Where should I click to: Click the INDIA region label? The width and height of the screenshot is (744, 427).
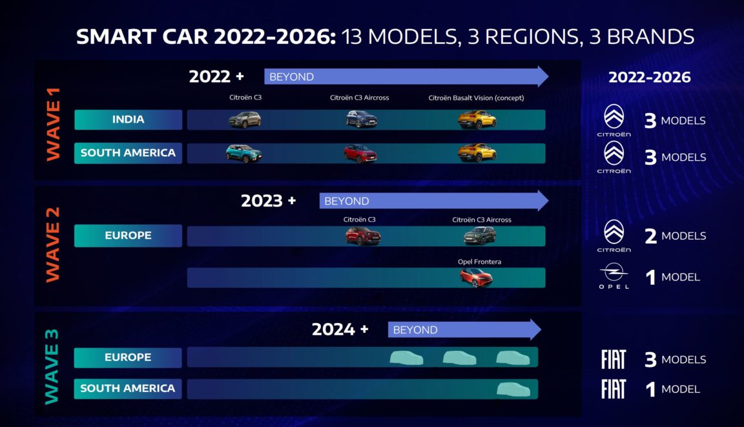pyautogui.click(x=128, y=120)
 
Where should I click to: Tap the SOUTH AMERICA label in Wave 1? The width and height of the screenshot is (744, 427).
pyautogui.click(x=128, y=153)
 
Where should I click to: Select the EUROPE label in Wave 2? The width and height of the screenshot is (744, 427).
pyautogui.click(x=128, y=236)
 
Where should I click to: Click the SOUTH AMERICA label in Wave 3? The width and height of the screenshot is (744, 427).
pyautogui.click(x=128, y=388)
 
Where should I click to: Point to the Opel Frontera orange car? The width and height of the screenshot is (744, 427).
pyautogui.click(x=476, y=278)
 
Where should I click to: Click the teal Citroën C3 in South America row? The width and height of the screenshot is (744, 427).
pyautogui.click(x=243, y=153)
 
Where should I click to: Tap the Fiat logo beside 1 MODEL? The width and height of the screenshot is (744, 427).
pyautogui.click(x=613, y=389)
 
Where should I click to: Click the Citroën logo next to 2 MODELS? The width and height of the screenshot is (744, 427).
pyautogui.click(x=614, y=232)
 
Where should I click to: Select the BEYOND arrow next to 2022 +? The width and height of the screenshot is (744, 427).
pyautogui.click(x=406, y=77)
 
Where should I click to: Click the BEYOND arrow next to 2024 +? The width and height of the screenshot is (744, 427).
pyautogui.click(x=464, y=329)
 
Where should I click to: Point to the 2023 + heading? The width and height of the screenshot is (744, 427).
pyautogui.click(x=268, y=201)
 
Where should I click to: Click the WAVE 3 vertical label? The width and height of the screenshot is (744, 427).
pyautogui.click(x=52, y=366)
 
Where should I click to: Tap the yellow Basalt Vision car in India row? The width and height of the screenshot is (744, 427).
pyautogui.click(x=477, y=120)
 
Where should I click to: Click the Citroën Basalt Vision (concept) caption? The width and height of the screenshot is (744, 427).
pyautogui.click(x=476, y=98)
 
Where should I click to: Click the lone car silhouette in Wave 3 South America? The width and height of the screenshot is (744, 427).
pyautogui.click(x=513, y=389)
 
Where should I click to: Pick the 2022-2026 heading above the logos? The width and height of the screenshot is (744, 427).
pyautogui.click(x=649, y=78)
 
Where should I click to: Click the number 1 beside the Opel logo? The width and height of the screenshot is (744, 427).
pyautogui.click(x=650, y=278)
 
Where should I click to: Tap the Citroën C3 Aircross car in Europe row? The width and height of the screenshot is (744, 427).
pyautogui.click(x=480, y=236)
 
